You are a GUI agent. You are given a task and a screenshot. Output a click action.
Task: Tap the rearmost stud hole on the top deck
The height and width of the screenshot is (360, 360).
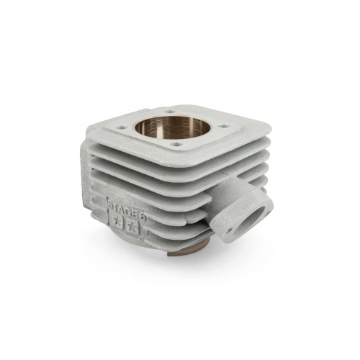[x=170, y=112]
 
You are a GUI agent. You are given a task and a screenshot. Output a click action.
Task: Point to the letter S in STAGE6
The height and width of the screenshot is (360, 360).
[x=111, y=206]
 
